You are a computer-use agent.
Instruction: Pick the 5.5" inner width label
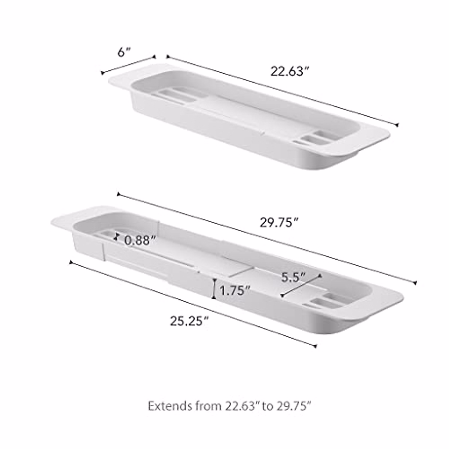[293, 277]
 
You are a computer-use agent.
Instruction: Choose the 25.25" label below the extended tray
[189, 321]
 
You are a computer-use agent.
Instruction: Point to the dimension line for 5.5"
[301, 286]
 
